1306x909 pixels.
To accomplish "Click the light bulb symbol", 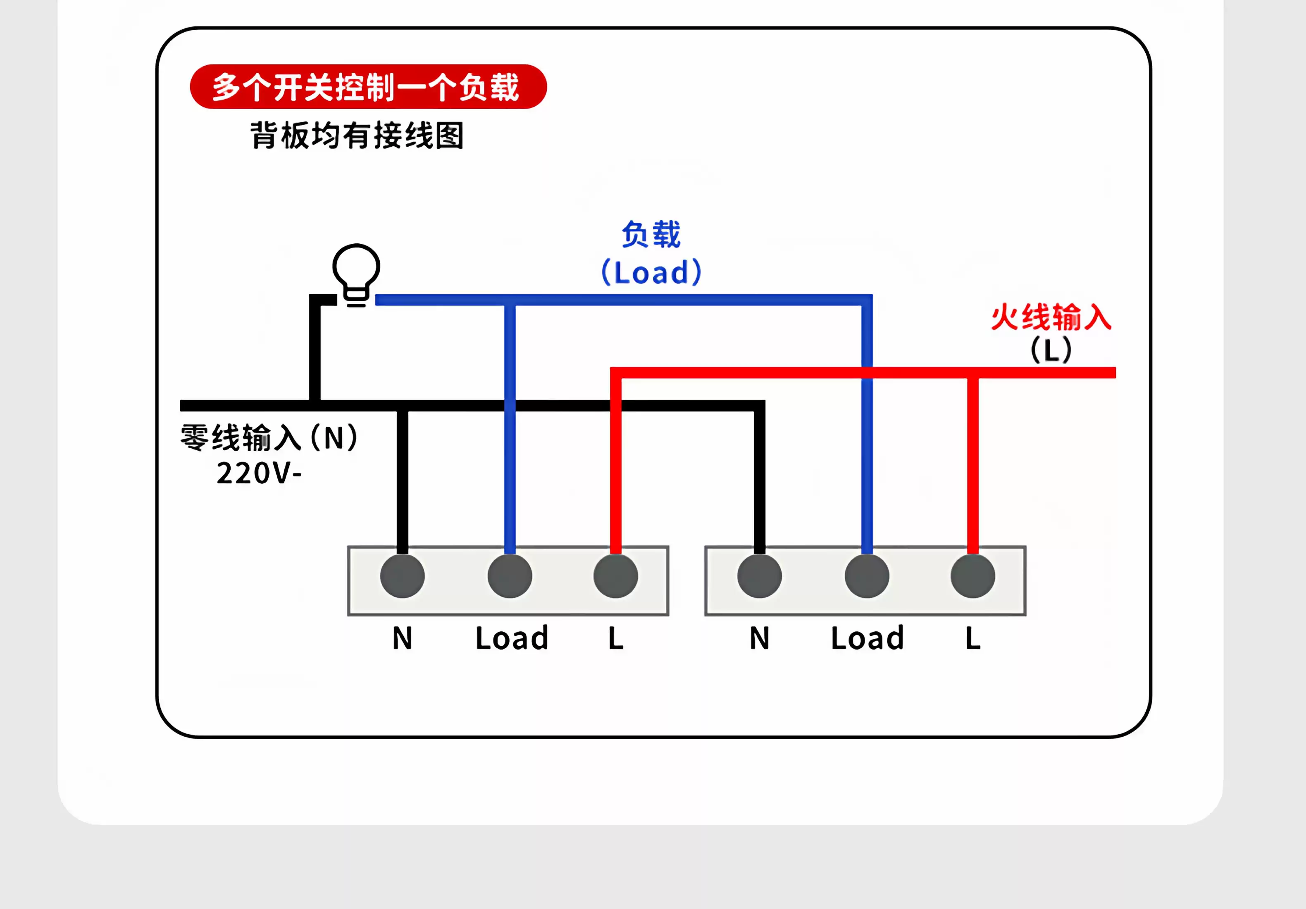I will click(356, 275).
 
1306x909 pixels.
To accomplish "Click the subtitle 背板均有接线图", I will click(357, 136).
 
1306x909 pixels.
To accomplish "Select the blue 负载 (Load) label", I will click(651, 252).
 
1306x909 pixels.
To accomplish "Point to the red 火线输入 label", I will click(1051, 317).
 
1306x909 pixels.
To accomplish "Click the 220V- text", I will click(259, 473).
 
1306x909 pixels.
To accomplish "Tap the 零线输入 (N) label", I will click(269, 438).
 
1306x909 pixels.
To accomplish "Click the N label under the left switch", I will click(402, 638).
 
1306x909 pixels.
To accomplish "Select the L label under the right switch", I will click(972, 638).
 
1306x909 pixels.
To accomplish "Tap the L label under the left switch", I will click(615, 638).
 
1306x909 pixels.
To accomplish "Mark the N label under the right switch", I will click(759, 638).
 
